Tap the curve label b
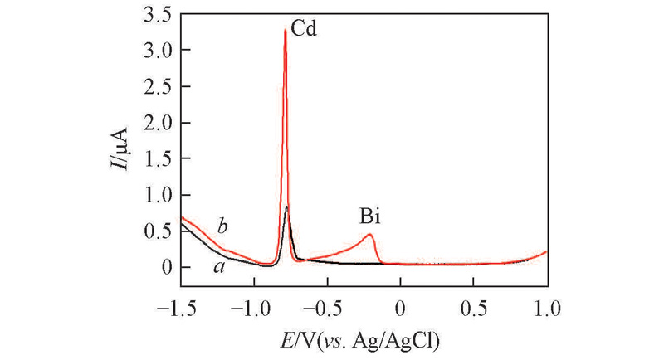222,226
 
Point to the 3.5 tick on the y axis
157,14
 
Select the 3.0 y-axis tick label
157,51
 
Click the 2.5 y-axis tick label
157,87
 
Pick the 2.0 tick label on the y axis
157,123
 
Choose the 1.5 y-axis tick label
157,159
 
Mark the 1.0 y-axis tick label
157,195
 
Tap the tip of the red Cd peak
286,30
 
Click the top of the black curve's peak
286,207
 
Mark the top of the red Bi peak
369,235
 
